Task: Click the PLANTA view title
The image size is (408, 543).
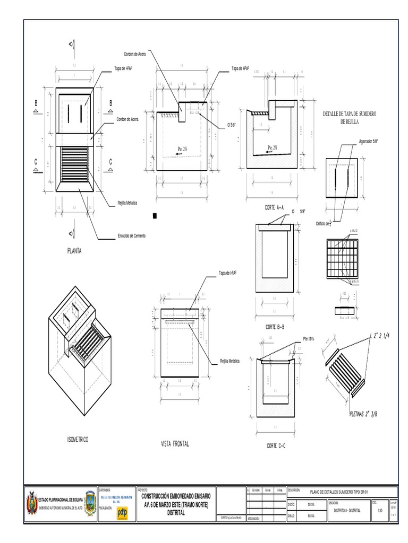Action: point(74,251)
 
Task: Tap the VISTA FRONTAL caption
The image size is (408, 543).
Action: point(175,443)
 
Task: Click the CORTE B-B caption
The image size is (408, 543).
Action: point(275,327)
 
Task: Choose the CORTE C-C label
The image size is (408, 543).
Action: point(276,446)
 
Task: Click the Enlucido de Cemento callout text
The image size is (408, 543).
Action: point(131,235)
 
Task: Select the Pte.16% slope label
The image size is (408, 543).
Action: point(309,338)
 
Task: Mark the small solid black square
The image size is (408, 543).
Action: point(155,216)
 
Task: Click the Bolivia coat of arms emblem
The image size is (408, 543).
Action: point(31,503)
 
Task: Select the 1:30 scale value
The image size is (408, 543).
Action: point(379,511)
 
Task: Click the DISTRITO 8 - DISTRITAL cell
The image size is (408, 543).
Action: point(347,511)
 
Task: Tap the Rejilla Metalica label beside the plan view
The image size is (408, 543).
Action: point(128,203)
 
